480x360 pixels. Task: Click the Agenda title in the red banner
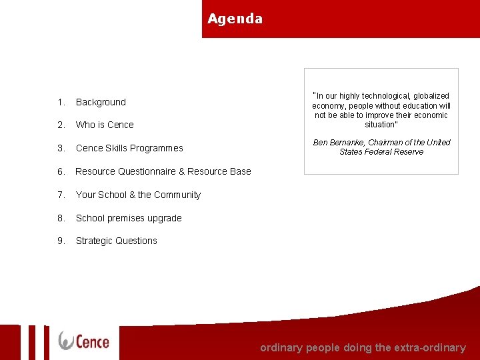235,19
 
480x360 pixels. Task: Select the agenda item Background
101,102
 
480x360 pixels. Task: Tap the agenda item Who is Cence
105,125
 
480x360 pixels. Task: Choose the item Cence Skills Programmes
129,148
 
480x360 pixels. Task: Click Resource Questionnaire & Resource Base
163,171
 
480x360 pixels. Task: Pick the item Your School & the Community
138,195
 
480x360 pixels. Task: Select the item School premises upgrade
129,218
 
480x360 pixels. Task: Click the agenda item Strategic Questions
117,241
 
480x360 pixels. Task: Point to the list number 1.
61,102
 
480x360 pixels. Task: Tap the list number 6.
61,171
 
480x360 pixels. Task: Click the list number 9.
61,241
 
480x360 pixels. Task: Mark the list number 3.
61,148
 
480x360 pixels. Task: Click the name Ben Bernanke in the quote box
337,142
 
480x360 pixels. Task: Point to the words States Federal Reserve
381,152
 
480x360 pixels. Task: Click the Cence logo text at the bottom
92,341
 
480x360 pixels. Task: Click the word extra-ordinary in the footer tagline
430,347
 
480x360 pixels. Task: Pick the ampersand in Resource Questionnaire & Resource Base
182,171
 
